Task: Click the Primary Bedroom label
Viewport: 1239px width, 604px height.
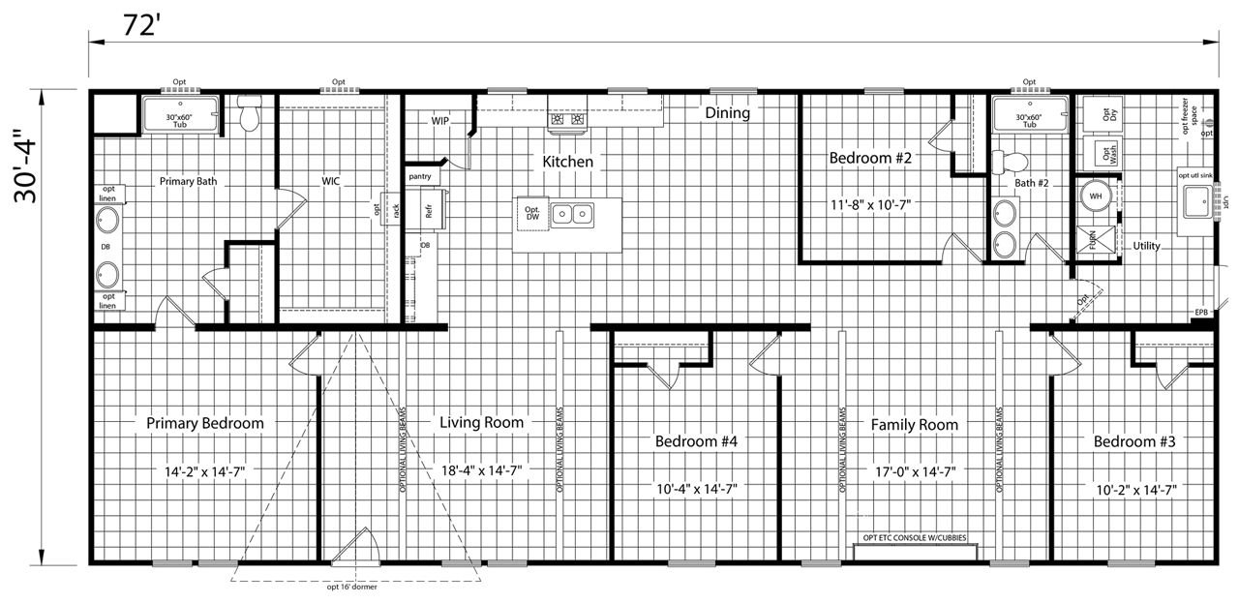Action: (204, 423)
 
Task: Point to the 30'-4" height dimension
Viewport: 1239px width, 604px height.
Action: (29, 172)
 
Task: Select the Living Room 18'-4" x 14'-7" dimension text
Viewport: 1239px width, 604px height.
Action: (481, 471)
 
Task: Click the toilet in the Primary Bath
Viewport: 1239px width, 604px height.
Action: (251, 115)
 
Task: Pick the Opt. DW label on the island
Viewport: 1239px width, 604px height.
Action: (532, 214)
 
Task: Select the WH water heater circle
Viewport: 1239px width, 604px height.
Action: (1096, 196)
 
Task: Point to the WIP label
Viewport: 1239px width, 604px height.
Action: (441, 121)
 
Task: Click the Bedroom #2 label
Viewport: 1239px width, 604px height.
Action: (870, 157)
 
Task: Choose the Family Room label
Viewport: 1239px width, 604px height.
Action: (914, 425)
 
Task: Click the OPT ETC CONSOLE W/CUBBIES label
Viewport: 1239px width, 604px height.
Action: (913, 537)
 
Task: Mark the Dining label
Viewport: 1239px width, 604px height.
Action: (727, 113)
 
